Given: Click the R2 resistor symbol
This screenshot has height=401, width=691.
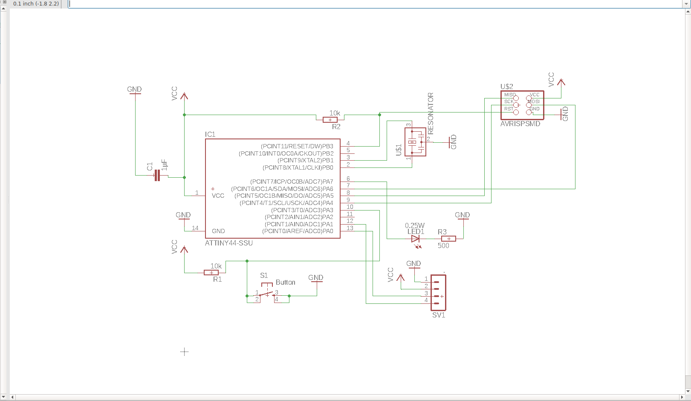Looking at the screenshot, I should point(330,120).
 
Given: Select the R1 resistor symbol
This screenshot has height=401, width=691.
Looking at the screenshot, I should point(211,273).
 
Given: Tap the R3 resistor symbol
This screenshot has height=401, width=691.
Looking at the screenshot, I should point(448,239).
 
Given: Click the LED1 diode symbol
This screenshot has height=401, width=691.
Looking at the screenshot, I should point(415,239).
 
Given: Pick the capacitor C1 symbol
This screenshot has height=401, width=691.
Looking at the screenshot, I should point(156,175).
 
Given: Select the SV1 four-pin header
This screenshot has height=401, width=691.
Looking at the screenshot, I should point(438,292).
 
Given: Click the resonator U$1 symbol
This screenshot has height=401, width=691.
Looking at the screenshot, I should point(415,142).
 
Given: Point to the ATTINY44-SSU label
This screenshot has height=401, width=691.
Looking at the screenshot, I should point(229,243).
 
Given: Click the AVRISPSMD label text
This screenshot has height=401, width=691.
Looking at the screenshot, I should point(520,124).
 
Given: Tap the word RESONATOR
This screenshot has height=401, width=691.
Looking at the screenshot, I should point(431,113).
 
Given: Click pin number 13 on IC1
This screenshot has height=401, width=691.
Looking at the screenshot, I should point(350,228).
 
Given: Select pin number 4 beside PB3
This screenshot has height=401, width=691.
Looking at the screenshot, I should point(348,143).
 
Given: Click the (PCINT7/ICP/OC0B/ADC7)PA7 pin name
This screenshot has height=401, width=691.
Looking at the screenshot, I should point(292,182).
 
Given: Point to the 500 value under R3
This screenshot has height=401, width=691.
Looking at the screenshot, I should point(443,245).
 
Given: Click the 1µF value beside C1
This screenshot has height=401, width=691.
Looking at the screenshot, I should point(165,165).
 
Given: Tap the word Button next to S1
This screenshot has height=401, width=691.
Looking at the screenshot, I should point(285,282).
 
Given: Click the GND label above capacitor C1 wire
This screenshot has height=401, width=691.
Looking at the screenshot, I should point(134,89).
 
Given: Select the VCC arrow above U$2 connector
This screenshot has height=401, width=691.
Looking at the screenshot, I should point(561,81).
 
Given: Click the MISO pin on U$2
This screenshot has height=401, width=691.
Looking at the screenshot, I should point(516,98).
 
